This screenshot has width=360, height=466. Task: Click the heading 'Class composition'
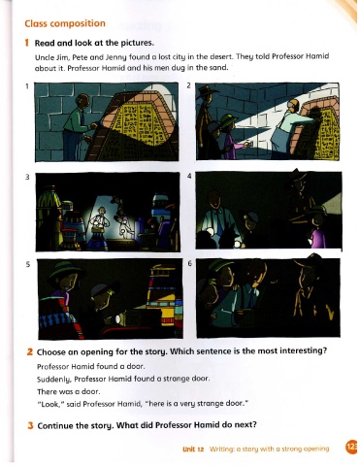click(x=65, y=23)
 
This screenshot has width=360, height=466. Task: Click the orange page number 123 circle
click(x=351, y=447)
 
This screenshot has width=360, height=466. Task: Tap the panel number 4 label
click(x=189, y=176)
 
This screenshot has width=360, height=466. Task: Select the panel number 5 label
click(x=28, y=264)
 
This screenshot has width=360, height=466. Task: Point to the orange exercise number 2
click(x=30, y=351)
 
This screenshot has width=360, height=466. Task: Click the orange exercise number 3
click(x=30, y=425)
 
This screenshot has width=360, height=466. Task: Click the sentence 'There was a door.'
click(x=69, y=391)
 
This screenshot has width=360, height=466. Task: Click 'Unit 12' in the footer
click(x=193, y=449)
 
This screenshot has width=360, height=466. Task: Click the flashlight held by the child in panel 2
click(x=247, y=145)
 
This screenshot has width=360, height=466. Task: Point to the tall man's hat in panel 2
click(x=208, y=90)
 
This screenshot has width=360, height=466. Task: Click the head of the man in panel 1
click(x=83, y=101)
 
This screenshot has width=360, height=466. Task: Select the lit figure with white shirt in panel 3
click(x=99, y=221)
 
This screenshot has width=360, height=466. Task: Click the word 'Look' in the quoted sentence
click(x=47, y=404)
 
